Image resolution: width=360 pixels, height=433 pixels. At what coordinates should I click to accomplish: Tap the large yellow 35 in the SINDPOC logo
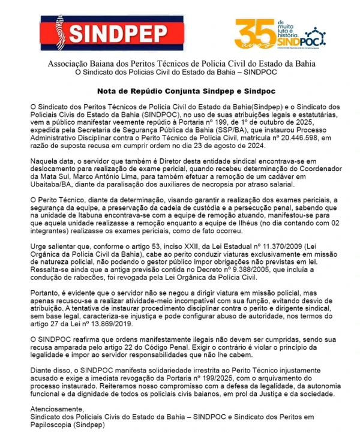(x=250, y=31)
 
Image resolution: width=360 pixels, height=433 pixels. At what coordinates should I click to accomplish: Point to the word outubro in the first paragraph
(x=263, y=121)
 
